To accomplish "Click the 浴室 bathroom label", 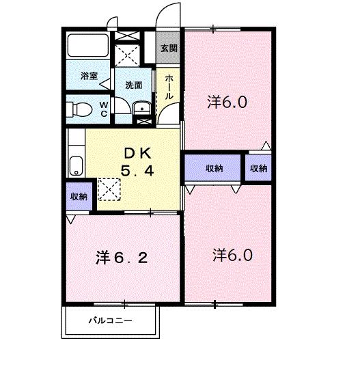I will pyautogui.click(x=88, y=77).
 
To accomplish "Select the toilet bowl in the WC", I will pyautogui.click(x=81, y=108).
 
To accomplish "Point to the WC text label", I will pyautogui.click(x=104, y=109).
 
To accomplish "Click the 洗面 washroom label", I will pyautogui.click(x=133, y=86).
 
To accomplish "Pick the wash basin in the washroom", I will pyautogui.click(x=142, y=108).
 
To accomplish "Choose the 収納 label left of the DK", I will pyautogui.click(x=79, y=197).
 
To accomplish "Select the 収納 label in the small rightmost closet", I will pyautogui.click(x=258, y=168).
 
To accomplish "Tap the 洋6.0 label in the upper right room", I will pyautogui.click(x=227, y=103).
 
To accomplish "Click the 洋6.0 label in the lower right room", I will pyautogui.click(x=232, y=256).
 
